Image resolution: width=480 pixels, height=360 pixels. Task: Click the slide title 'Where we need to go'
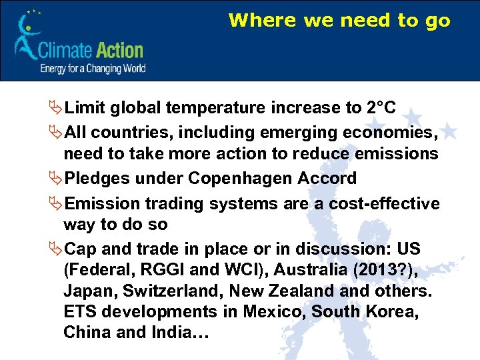coord(339,21)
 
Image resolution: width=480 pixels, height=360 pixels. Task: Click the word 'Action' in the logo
coord(117,50)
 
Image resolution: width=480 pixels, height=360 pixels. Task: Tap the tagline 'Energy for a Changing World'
coord(93,68)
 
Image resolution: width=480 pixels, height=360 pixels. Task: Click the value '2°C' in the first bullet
coord(381,108)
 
